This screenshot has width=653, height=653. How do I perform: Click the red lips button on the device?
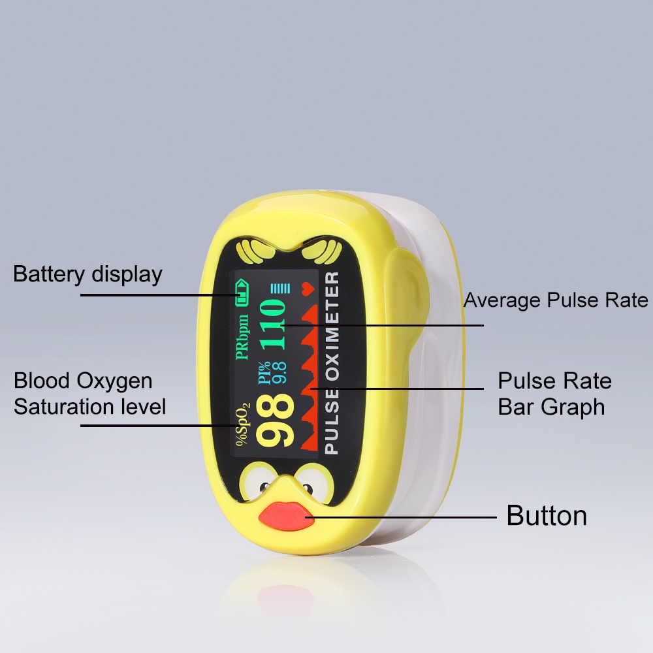[286, 515]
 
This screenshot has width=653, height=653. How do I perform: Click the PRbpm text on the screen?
[243, 336]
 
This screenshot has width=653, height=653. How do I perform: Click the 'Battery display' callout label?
[88, 274]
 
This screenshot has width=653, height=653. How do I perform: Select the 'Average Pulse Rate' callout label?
[556, 300]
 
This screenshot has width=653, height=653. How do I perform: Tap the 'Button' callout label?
[547, 516]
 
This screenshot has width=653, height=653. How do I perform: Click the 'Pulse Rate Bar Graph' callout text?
[554, 394]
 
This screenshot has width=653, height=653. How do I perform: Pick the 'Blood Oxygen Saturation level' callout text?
[89, 394]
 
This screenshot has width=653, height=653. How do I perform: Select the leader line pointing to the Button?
[405, 517]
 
